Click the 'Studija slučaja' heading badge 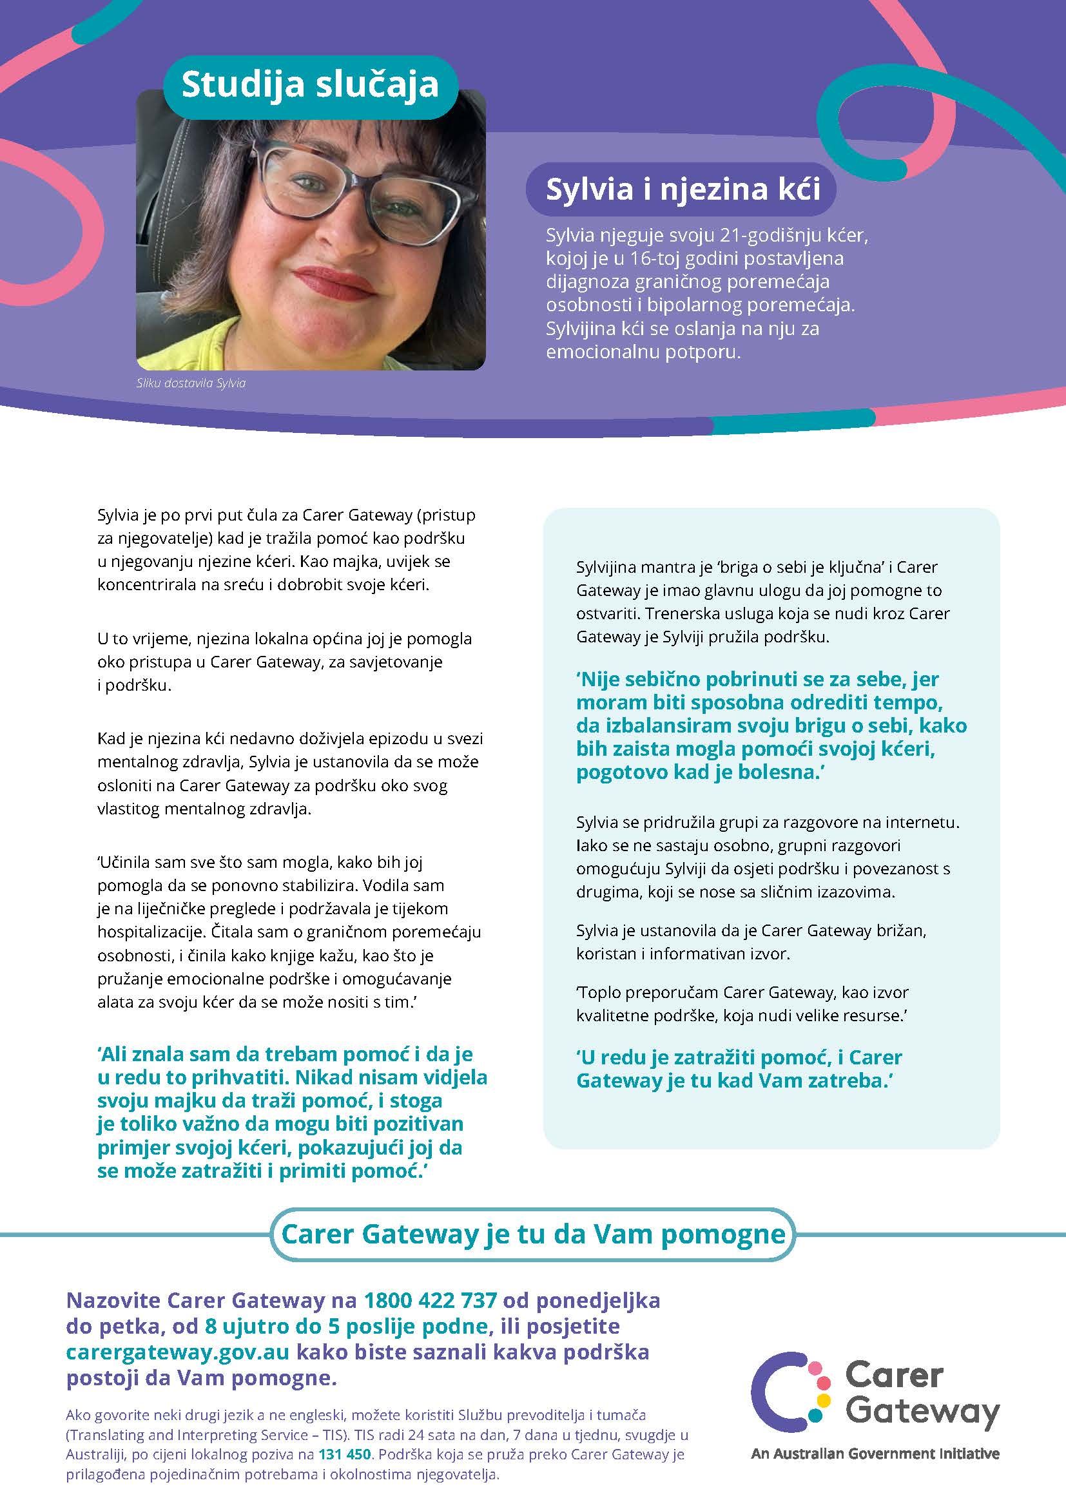pyautogui.click(x=310, y=86)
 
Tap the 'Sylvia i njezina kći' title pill pyautogui.click(x=683, y=189)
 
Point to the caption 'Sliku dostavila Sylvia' pyautogui.click(x=191, y=383)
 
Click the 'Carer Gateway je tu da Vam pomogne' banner pyautogui.click(x=533, y=1234)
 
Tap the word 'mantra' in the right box pyautogui.click(x=676, y=566)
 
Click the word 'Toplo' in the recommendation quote pyautogui.click(x=596, y=992)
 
